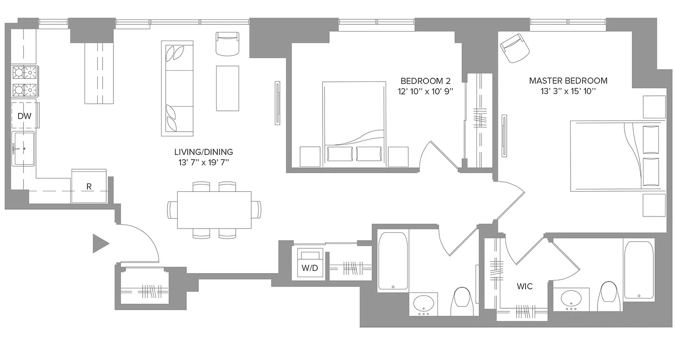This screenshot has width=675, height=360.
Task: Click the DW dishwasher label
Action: click(x=24, y=116)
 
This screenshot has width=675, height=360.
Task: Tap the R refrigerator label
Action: click(x=89, y=187)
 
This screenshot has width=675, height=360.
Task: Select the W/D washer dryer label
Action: click(x=310, y=268)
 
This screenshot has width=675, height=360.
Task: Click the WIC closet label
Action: click(x=525, y=286)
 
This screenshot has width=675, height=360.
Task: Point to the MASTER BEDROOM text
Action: click(x=568, y=81)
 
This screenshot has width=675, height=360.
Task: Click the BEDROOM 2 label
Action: click(x=425, y=81)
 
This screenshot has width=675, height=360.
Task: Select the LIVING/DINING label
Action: click(x=203, y=152)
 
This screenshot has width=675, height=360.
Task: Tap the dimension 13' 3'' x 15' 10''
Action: click(x=568, y=91)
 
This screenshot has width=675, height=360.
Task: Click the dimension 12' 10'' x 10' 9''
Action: click(x=425, y=91)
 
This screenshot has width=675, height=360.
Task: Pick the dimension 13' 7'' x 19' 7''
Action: click(x=203, y=162)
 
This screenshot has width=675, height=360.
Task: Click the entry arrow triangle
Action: click(x=100, y=243)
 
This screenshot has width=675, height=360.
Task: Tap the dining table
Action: click(x=214, y=210)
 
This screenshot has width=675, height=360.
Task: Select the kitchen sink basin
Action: click(x=24, y=148)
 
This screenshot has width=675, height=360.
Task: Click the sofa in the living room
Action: click(x=177, y=88)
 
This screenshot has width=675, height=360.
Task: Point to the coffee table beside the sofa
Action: click(x=227, y=88)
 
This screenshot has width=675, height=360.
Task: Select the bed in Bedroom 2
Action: click(x=354, y=124)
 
